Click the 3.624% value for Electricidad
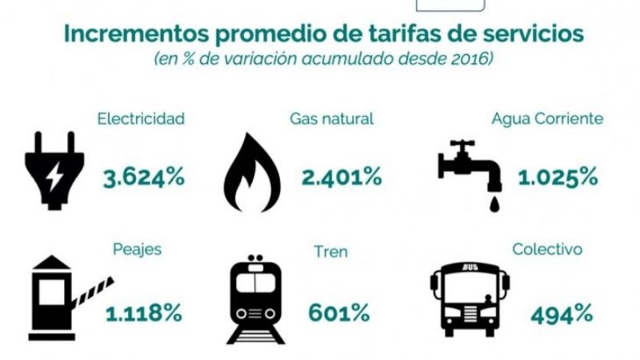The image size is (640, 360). (144, 178)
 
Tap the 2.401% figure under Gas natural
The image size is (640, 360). (342, 178)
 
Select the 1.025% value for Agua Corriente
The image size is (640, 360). (558, 178)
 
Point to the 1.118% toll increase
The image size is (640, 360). (144, 312)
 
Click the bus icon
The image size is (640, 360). (469, 298)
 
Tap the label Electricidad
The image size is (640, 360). (141, 118)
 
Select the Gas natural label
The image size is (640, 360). (332, 118)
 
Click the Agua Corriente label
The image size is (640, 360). (547, 118)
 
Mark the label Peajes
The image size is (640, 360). (141, 249)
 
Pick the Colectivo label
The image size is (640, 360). (547, 249)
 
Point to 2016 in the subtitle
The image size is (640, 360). (467, 61)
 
